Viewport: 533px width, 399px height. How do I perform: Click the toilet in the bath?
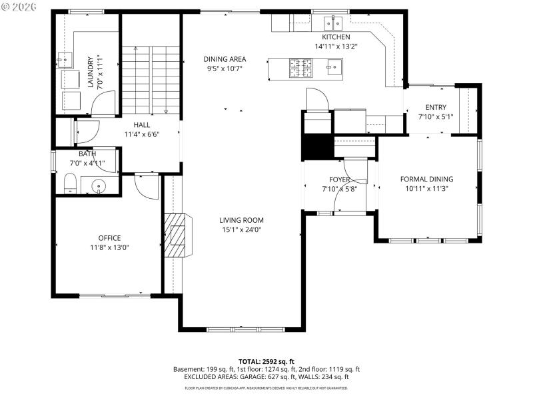click(70, 183)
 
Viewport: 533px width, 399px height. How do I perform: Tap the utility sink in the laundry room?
click(64, 61)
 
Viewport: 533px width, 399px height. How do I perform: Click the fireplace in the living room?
click(177, 235)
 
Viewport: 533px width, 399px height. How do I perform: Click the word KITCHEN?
click(336, 37)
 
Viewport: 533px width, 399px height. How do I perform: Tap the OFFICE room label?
click(109, 238)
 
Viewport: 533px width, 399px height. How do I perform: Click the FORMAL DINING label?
click(426, 179)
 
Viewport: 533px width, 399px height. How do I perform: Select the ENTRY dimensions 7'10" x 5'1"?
click(436, 117)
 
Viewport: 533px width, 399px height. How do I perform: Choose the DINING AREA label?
click(225, 59)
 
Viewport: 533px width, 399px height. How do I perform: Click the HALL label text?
click(141, 124)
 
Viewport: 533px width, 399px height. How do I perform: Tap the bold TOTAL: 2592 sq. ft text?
click(266, 361)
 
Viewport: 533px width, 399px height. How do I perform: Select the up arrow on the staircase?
click(135, 50)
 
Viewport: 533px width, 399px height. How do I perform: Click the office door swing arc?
click(146, 186)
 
